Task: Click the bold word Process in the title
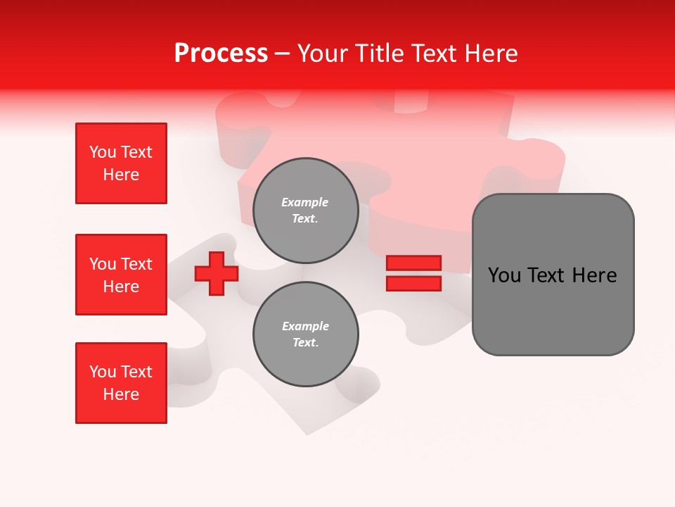221,54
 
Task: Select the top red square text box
121,163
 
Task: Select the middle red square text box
121,275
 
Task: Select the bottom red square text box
121,383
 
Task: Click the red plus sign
217,273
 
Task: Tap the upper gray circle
305,211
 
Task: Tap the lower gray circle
305,334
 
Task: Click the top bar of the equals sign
413,263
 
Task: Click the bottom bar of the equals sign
413,283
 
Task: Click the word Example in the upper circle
305,203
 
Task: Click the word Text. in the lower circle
305,343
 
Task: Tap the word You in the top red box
102,152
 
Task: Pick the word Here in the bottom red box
121,394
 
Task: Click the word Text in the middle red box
136,264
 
